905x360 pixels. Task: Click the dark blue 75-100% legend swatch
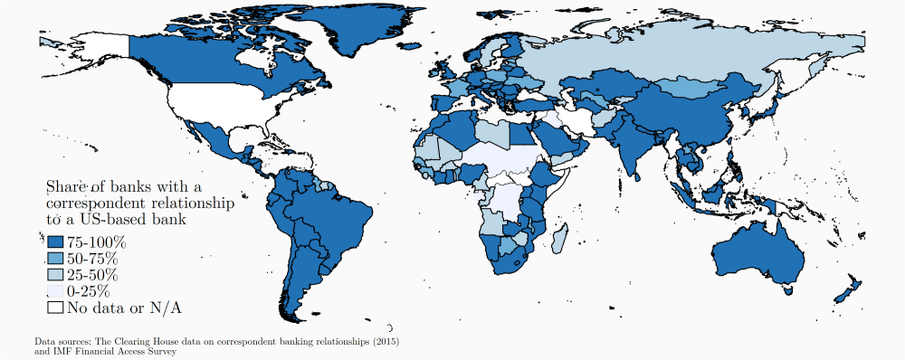55,243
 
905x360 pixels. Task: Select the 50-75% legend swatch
55,260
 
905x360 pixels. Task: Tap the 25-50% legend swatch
55,275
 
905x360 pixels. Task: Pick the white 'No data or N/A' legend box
55,308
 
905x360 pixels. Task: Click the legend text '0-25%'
89,291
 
